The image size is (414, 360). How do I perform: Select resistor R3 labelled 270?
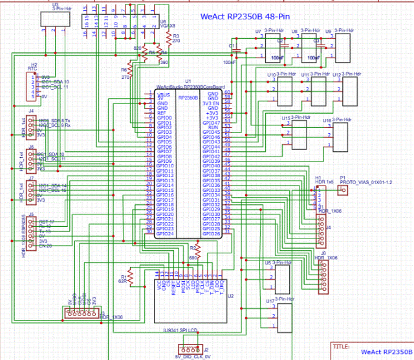(x=168, y=38)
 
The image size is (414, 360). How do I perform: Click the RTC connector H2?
(x=29, y=86)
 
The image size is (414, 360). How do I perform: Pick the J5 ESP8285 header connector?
(x=30, y=232)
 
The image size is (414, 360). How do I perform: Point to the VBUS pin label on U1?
(x=164, y=94)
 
